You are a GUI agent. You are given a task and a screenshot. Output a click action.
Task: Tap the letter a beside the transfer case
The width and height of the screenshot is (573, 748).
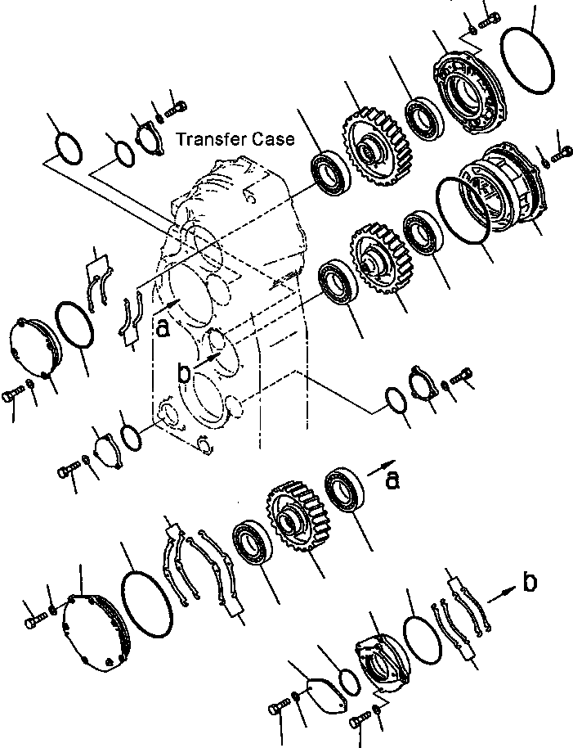pyautogui.click(x=163, y=327)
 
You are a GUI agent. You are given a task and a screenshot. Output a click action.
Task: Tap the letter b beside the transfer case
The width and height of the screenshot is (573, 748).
pyautogui.click(x=186, y=373)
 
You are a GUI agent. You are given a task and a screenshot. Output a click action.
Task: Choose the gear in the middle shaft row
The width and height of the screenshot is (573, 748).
pyautogui.click(x=378, y=258)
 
